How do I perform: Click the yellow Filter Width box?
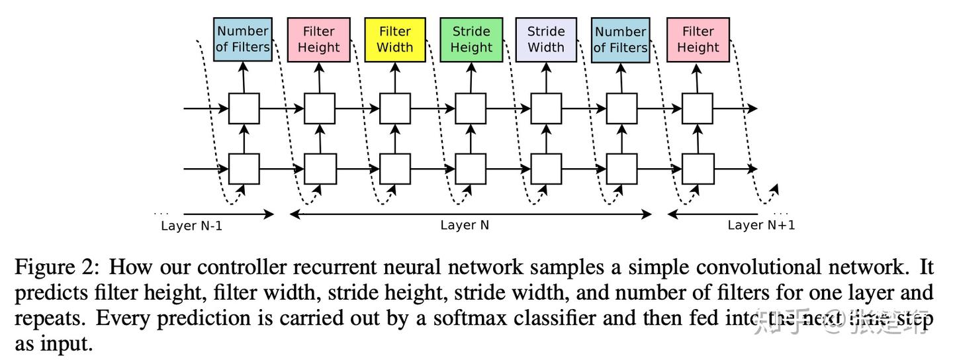click(395, 39)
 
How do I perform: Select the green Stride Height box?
click(472, 39)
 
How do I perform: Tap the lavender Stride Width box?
click(546, 39)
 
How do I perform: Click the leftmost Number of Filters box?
click(243, 39)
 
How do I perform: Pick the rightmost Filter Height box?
click(698, 39)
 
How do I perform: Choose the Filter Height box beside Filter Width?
click(319, 39)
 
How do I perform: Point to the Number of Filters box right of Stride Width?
click(620, 39)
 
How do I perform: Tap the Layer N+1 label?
click(761, 225)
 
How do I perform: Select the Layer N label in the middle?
click(465, 225)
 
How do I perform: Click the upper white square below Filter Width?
click(395, 109)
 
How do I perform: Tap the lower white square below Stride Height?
click(472, 169)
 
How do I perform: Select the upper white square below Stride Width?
click(547, 109)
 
